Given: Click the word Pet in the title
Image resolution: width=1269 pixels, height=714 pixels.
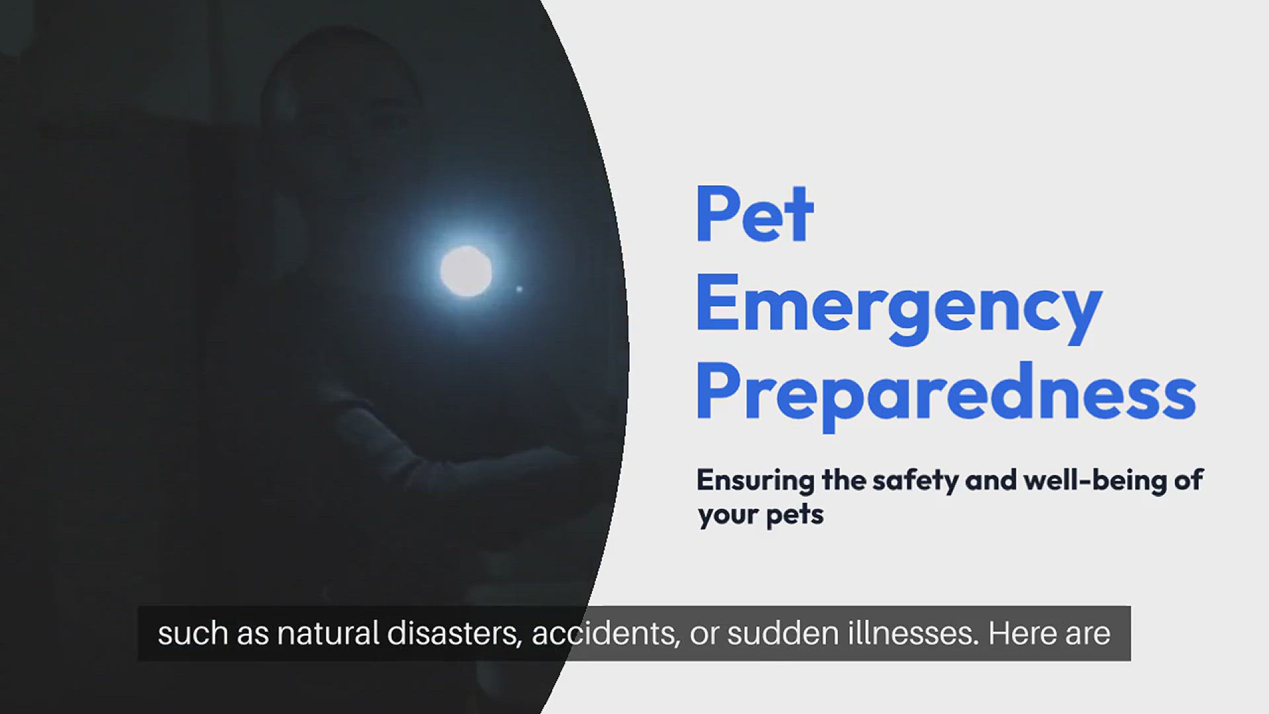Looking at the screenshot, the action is [x=754, y=214].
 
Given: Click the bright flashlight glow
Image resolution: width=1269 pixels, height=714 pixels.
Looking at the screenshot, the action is [x=466, y=271].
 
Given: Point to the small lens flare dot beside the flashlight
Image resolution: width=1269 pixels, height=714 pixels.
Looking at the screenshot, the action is [x=519, y=289].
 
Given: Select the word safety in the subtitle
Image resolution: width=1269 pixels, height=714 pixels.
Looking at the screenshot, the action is [x=915, y=481].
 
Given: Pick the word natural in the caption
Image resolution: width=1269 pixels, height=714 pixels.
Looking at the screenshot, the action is [x=328, y=633].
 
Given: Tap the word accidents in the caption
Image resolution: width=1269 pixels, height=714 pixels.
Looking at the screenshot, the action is [x=605, y=634].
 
